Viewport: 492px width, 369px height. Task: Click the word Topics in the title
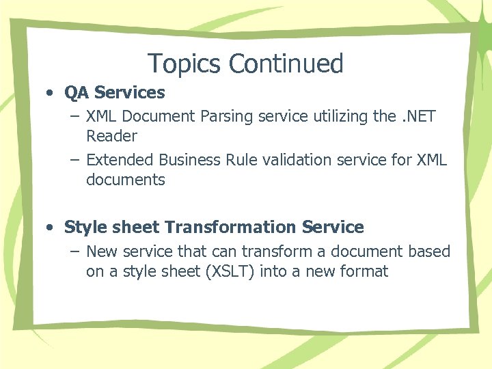tap(185, 64)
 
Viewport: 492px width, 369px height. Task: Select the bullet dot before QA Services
tap(52, 92)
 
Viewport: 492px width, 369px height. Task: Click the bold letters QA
tap(77, 92)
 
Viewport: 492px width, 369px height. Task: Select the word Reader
tap(111, 136)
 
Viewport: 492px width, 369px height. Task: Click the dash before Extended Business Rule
tap(74, 160)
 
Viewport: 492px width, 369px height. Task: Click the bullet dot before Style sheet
tap(52, 227)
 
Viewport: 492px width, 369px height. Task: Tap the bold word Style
tap(85, 227)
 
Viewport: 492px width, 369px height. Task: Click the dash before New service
tap(74, 251)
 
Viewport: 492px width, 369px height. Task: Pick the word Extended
tap(120, 160)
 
